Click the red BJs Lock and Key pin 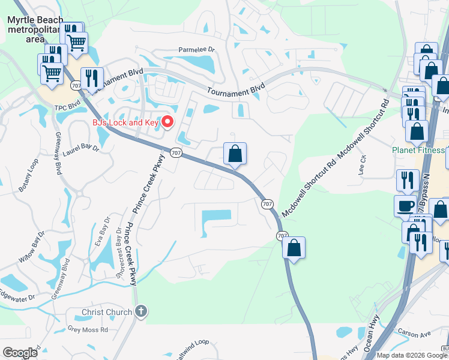[168, 122]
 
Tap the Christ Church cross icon [141, 311]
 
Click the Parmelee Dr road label [196, 50]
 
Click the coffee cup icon [405, 206]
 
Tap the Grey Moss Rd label [88, 329]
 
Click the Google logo [20, 353]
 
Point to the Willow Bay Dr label [32, 246]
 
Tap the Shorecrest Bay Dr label [118, 252]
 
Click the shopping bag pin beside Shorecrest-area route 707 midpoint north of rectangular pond [235, 154]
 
